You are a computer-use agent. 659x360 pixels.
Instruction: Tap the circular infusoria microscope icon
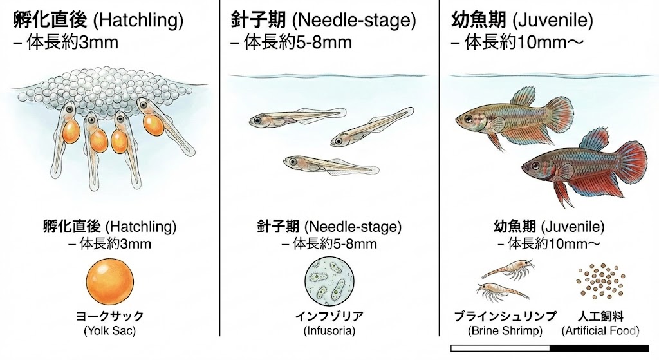pos(329,282)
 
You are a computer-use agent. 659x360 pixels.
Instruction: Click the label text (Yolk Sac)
pos(110,331)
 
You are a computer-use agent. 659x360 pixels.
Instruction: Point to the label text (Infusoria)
pos(329,331)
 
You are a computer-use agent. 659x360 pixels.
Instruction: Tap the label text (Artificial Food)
pos(600,331)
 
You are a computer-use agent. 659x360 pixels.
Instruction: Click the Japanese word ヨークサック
pos(110,316)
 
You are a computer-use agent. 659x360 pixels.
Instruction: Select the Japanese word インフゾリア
pos(329,316)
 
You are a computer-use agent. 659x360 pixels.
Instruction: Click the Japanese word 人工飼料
pos(600,316)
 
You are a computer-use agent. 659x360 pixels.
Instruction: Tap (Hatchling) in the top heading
pos(138,21)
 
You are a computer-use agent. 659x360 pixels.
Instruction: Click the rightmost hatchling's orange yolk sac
pos(154,124)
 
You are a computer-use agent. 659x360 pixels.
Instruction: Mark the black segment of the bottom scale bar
pos(604,348)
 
